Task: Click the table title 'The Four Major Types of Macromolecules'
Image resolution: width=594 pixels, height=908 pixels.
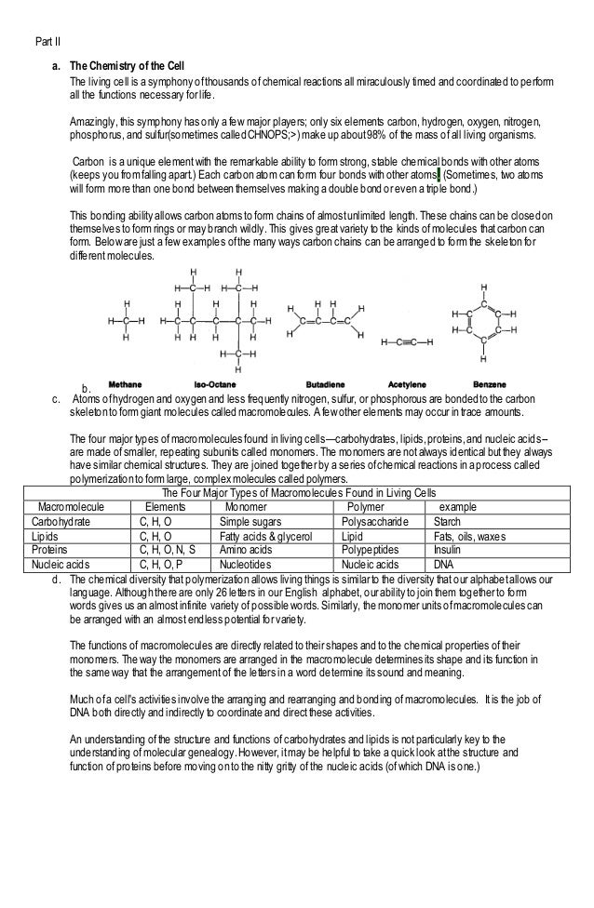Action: [299, 492]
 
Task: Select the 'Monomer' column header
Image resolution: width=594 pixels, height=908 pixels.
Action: [250, 507]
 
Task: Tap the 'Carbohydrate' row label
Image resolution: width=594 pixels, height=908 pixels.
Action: [61, 522]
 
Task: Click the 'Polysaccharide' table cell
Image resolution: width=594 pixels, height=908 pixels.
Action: [374, 522]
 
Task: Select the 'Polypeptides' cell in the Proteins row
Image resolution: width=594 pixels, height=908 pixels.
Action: [371, 550]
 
